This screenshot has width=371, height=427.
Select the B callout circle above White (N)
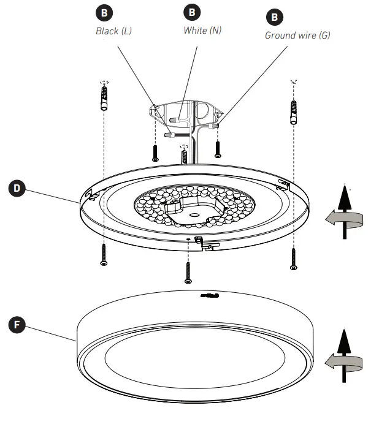(x=193, y=12)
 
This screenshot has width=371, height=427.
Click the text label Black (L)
(x=113, y=31)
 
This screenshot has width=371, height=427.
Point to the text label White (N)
(x=202, y=29)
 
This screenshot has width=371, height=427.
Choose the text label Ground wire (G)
(x=297, y=35)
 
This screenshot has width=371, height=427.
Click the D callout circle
(x=18, y=188)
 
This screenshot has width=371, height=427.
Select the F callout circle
(x=18, y=324)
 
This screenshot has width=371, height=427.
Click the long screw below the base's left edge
(x=104, y=254)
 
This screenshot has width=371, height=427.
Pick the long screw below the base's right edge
(x=294, y=257)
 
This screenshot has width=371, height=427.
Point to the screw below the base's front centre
(x=188, y=271)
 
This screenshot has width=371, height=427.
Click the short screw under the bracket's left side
(x=155, y=152)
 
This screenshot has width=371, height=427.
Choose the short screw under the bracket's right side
(x=218, y=148)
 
